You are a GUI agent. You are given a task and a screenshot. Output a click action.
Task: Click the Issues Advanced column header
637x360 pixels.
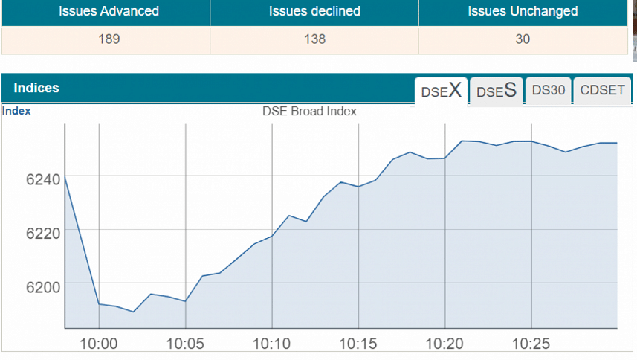point(109,11)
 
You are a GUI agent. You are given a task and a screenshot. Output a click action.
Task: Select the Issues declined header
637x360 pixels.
point(314,11)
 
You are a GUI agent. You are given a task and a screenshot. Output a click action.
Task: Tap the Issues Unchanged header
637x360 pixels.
point(523,11)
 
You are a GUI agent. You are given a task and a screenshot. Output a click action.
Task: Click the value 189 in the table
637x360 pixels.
point(109,39)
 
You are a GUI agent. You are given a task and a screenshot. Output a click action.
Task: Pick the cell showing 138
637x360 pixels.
point(314,39)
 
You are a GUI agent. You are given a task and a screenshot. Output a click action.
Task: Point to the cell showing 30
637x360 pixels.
point(523,39)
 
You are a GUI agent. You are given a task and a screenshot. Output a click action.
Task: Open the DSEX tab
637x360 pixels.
point(442,91)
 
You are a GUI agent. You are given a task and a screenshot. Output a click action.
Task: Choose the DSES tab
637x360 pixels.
point(497,91)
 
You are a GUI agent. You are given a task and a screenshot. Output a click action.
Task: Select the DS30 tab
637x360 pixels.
point(549,90)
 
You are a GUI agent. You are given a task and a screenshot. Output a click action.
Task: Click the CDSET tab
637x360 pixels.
point(602,90)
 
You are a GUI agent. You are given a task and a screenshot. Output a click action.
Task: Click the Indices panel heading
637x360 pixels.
point(36,88)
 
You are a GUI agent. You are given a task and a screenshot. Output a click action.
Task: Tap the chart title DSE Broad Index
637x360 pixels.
point(309,111)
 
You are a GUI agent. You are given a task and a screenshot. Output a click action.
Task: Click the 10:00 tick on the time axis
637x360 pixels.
point(99,344)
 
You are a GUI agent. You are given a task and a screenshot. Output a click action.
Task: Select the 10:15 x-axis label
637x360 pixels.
point(358,344)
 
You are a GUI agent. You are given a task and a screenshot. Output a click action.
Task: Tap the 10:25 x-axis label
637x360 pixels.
point(531,344)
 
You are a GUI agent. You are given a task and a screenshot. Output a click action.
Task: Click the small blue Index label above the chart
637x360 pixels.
point(16,111)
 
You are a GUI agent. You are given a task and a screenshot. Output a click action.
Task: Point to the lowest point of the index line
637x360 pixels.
point(133,312)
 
